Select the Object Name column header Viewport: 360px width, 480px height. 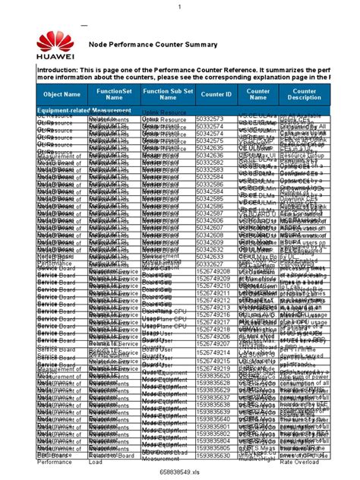pos(62,94)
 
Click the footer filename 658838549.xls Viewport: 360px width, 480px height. pos(179,472)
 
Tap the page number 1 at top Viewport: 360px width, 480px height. pos(180,7)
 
